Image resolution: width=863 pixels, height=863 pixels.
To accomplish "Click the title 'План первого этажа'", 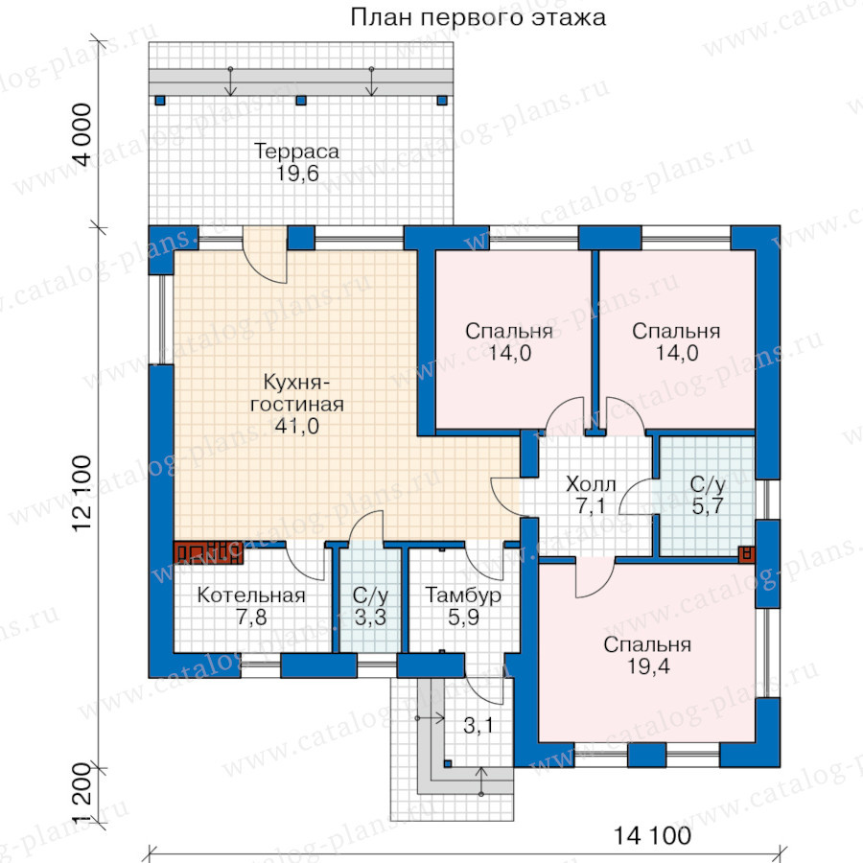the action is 478,18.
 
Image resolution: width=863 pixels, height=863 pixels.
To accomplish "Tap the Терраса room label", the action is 296,151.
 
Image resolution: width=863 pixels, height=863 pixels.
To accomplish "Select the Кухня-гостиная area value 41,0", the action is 297,426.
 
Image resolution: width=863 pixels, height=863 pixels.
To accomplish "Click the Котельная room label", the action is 251,595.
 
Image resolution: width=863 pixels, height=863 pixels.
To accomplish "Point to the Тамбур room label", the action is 463,595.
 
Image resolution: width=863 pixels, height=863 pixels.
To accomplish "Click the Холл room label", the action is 591,484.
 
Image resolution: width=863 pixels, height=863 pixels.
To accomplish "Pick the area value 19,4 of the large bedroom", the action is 648,666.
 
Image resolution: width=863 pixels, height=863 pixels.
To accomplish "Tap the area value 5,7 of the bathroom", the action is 708,505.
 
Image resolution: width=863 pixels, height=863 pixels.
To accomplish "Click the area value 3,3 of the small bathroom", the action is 370,618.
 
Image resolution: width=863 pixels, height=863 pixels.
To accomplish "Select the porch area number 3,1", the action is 478,726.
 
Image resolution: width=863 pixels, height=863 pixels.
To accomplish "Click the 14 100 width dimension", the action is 652,836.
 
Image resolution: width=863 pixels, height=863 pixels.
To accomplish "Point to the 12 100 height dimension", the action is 82,493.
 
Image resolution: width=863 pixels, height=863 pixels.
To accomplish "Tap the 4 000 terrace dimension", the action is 82,134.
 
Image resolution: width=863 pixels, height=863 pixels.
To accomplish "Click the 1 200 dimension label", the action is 82,794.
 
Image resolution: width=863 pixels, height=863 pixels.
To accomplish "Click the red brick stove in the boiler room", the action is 209,552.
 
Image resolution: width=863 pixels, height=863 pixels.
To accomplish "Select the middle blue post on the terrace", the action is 300,101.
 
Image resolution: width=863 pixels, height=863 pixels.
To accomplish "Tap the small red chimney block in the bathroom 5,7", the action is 747,554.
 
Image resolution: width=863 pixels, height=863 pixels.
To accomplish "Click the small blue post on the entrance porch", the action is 448,764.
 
